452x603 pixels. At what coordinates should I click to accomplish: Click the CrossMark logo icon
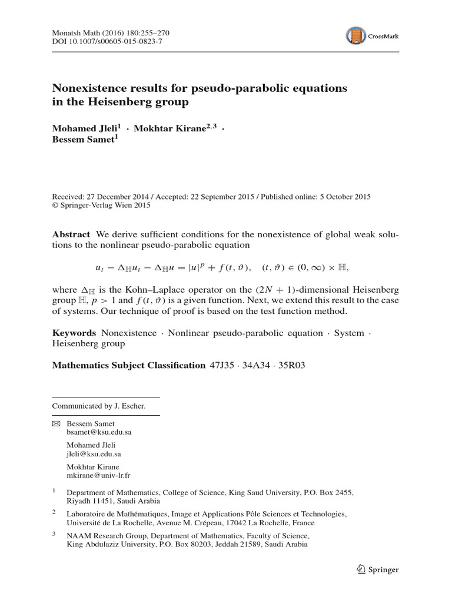[357, 36]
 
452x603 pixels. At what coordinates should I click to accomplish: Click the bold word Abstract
[71, 234]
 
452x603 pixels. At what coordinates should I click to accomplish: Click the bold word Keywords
[74, 333]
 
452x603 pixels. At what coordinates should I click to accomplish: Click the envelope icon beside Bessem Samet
[56, 423]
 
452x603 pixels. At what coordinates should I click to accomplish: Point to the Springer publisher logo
[378, 569]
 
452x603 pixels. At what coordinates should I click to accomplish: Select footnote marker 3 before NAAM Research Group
[54, 535]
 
